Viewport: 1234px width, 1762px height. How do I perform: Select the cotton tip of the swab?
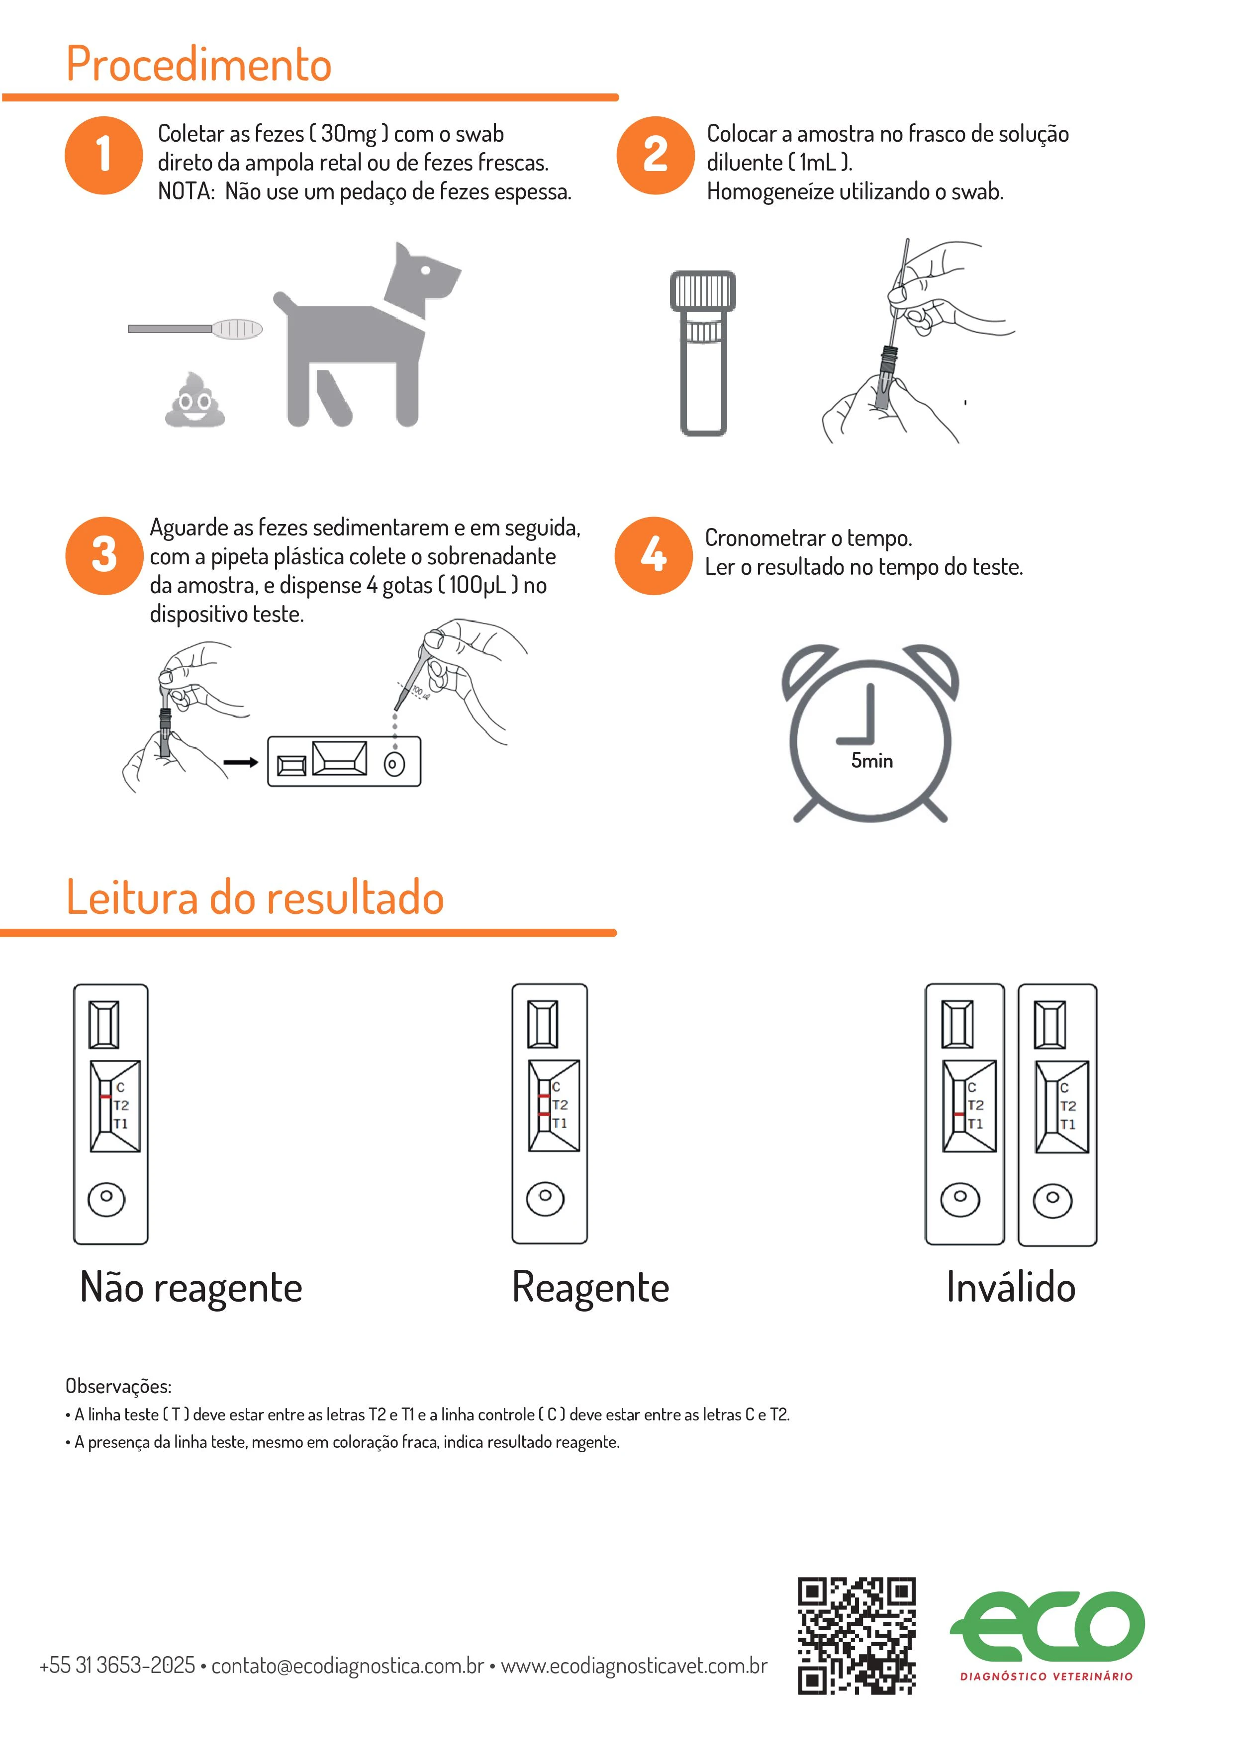(237, 329)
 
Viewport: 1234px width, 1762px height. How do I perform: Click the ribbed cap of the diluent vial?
(703, 290)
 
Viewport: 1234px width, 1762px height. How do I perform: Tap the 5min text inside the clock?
(871, 761)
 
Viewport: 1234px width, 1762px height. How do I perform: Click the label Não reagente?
(191, 1287)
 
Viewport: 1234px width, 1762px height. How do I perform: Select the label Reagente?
(590, 1287)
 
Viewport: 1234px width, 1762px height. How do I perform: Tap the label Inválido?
(1011, 1287)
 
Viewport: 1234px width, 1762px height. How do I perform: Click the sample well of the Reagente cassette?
(545, 1197)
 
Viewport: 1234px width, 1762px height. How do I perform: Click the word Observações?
(118, 1386)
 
